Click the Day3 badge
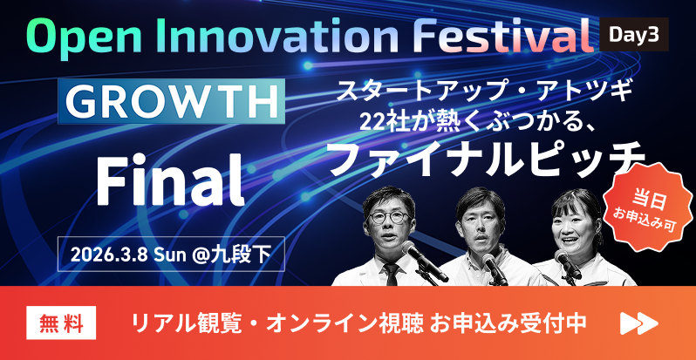634,35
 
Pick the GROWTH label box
171,102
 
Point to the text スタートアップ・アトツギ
485,90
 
